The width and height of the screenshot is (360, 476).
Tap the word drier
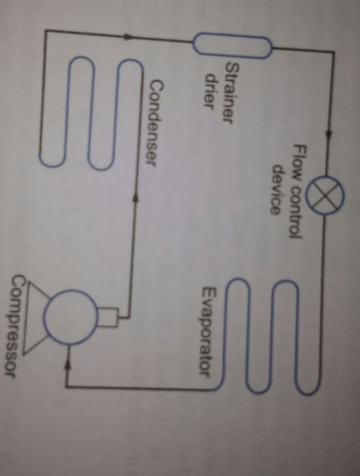click(x=210, y=91)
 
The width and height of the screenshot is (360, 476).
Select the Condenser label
click(x=154, y=123)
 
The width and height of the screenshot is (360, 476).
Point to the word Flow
click(x=298, y=160)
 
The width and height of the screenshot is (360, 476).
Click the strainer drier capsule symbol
click(x=233, y=46)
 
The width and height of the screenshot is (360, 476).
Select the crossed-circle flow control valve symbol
click(x=324, y=195)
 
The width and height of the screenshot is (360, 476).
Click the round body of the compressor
click(x=71, y=317)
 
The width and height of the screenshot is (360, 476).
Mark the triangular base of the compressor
click(x=36, y=318)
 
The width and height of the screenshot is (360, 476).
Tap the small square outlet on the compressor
click(x=108, y=318)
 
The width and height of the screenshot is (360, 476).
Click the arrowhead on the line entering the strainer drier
click(x=129, y=36)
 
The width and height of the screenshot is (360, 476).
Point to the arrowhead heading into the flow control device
click(x=328, y=135)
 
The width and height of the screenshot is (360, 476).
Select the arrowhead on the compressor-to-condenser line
click(x=135, y=196)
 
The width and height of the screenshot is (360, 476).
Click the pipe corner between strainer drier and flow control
click(x=333, y=52)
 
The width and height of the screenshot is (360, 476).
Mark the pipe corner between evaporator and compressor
click(x=66, y=387)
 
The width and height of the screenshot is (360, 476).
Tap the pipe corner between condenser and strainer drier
click(x=45, y=30)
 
